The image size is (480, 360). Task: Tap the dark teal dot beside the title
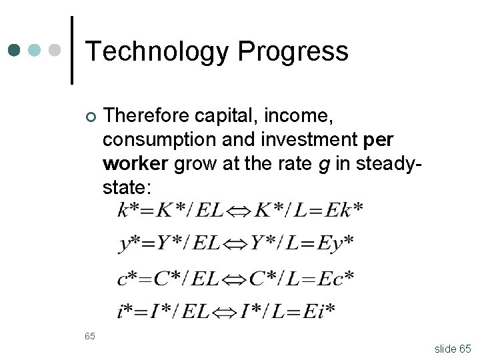pos(15,51)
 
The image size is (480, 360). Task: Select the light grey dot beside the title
pos(55,51)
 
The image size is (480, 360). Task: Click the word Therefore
pos(146,117)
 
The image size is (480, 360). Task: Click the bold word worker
pos(136,163)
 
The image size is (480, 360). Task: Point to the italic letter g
pos(324,165)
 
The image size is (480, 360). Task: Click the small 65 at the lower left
pos(90,336)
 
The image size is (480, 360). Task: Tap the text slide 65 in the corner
pos(452,348)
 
